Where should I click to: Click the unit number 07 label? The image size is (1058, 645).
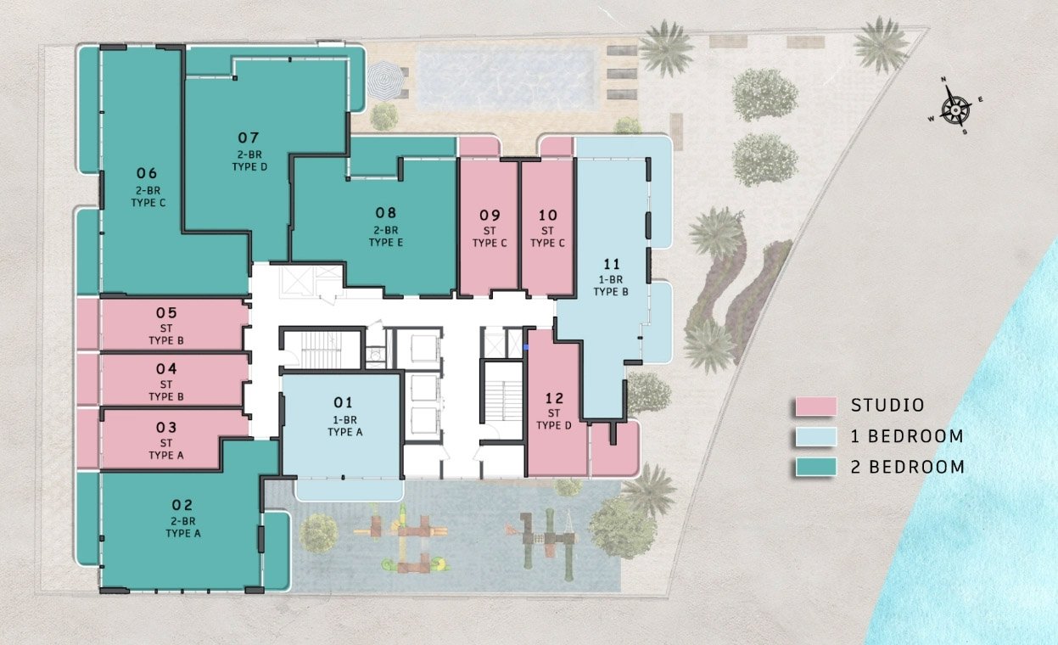coord(249,137)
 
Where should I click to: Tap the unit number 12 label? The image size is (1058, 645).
coord(554,398)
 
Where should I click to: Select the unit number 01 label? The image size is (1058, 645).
coord(344,402)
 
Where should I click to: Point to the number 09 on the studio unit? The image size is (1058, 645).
coord(490,216)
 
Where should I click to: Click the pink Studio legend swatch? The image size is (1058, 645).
coord(816,406)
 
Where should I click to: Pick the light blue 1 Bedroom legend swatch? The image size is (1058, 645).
coord(816,436)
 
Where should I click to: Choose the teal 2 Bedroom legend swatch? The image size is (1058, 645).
coord(816,467)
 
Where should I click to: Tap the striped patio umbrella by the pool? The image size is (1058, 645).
coord(386,81)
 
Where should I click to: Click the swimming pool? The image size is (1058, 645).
coord(506,81)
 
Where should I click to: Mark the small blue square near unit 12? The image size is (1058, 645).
coord(526,347)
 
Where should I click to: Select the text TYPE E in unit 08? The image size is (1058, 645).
coord(386,243)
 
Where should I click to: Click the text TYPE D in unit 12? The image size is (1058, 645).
coord(554,425)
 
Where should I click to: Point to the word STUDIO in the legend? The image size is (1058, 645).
coord(887,406)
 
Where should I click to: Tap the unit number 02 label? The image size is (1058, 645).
coord(182,505)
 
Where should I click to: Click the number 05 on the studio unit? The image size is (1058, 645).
coord(166,313)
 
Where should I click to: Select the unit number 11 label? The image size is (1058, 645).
coord(611,264)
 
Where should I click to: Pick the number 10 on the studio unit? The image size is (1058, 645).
coord(548,216)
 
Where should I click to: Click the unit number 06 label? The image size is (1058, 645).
coord(147,173)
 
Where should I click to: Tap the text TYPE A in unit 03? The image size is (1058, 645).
coord(166,455)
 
